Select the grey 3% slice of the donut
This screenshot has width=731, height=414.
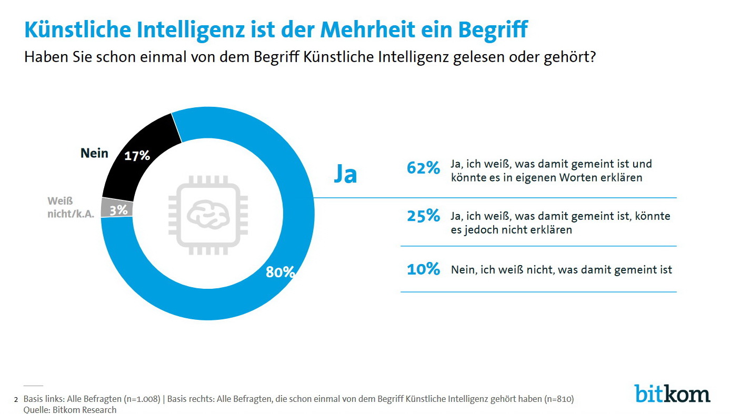(x=117, y=208)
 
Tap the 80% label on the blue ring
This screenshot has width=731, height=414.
(x=280, y=272)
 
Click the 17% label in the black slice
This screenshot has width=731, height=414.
(x=137, y=156)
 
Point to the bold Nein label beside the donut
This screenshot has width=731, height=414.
(x=94, y=153)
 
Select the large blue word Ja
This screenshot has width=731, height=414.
(x=345, y=174)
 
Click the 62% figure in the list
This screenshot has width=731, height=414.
(x=423, y=168)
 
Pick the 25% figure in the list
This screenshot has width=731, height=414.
(x=423, y=216)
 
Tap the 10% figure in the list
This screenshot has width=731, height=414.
(x=423, y=269)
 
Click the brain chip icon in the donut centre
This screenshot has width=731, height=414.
(x=207, y=213)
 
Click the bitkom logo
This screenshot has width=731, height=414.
(x=672, y=393)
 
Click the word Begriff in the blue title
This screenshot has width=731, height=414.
(x=492, y=30)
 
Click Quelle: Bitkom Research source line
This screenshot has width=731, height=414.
(x=70, y=409)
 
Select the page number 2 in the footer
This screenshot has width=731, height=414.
(x=16, y=400)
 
